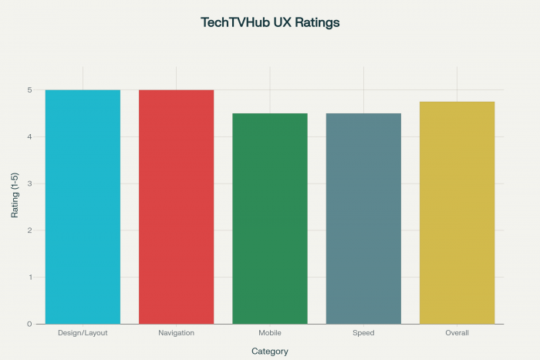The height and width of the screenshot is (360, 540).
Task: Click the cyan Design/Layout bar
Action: (83, 207)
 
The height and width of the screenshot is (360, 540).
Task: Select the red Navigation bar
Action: (176, 207)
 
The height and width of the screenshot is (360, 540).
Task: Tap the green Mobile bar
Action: (270, 218)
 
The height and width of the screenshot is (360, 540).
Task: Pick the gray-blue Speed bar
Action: (363, 218)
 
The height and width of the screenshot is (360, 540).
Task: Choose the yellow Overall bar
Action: (457, 212)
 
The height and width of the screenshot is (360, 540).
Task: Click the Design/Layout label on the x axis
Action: (83, 333)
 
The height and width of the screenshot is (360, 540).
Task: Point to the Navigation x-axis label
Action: (176, 333)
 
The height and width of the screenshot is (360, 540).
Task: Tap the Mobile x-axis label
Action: (270, 333)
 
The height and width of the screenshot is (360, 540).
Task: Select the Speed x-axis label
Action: (363, 333)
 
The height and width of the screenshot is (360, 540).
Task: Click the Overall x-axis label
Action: (457, 333)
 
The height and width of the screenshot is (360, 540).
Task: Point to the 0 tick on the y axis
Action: (29, 324)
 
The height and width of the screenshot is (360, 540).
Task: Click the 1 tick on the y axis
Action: (29, 278)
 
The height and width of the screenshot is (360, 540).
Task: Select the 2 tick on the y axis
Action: (29, 230)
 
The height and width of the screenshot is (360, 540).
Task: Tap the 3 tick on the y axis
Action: (29, 183)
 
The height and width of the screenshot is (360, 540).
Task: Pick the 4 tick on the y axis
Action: (29, 137)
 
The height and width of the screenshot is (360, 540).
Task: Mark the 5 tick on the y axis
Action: (29, 90)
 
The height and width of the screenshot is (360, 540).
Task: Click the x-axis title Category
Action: (270, 352)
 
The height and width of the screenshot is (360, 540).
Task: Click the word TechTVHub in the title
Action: (234, 23)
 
